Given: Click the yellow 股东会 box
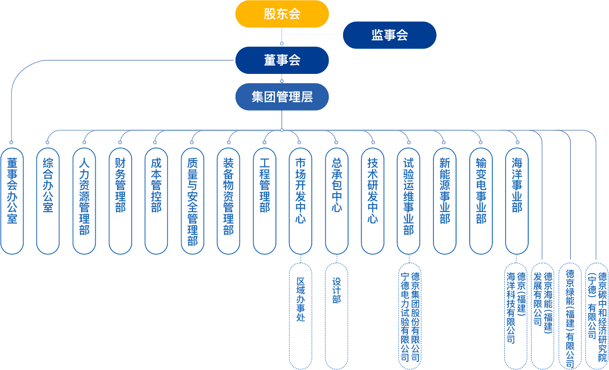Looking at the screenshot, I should [282, 14].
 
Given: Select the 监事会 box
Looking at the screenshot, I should [389, 35].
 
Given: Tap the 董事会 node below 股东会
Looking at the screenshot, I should [282, 60].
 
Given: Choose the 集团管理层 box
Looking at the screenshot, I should [282, 97].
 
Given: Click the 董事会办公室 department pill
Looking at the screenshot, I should [12, 200].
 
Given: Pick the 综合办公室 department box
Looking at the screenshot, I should [48, 200].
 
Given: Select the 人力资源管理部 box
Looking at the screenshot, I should [84, 200].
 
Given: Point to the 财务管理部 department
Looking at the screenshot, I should [120, 200].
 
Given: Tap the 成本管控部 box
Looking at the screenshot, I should [156, 200].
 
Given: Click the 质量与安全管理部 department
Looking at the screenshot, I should [192, 200].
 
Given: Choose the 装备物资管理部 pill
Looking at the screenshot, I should [228, 200].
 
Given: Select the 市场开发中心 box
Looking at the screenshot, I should [300, 200].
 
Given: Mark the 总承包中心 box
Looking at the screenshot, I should [336, 200].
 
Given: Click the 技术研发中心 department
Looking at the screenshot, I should [373, 200].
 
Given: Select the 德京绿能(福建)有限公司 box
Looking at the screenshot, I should [570, 316].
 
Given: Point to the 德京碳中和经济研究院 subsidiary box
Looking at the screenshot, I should [597, 316].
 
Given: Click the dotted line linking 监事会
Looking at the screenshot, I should [313, 35].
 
